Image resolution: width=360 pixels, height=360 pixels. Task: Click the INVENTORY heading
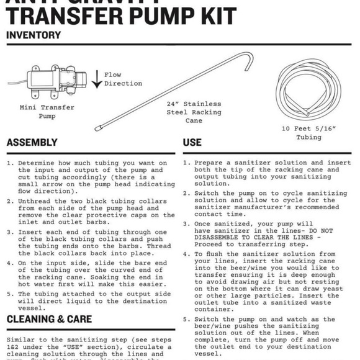click(x=34, y=35)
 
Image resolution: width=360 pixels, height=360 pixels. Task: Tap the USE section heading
click(x=192, y=143)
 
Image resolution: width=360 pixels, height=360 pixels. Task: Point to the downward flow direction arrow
click(x=97, y=79)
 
